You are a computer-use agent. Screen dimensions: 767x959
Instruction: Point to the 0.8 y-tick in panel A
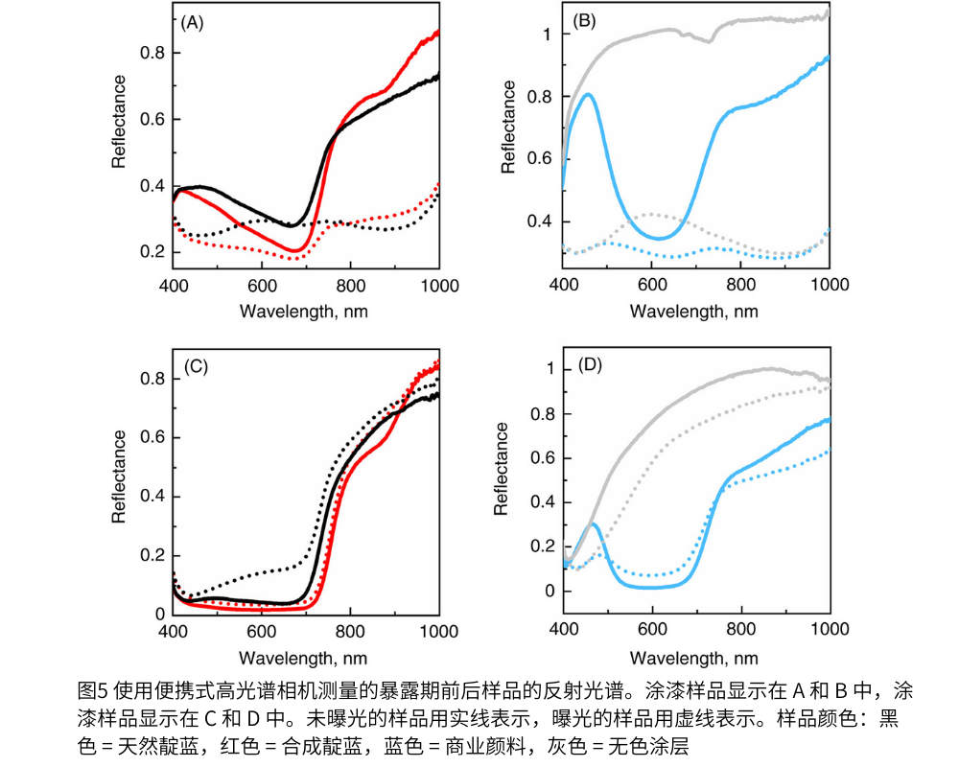[x=151, y=53]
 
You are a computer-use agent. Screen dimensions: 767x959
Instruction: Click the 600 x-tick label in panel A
[x=261, y=286]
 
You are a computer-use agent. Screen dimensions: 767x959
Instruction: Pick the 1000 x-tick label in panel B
[x=829, y=286]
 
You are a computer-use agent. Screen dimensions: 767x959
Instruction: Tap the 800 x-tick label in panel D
[x=740, y=633]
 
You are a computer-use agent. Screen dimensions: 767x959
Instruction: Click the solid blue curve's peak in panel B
[x=588, y=94]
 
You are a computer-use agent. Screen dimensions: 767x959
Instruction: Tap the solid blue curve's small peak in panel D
[x=594, y=524]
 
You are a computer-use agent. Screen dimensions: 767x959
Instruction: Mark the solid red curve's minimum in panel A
[x=296, y=251]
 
